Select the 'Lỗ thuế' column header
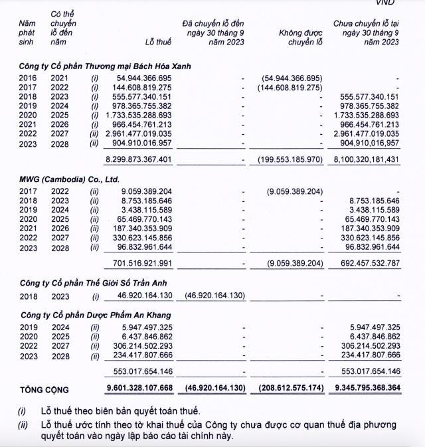(x=159, y=43)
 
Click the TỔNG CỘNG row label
(x=44, y=390)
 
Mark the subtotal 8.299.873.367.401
(x=139, y=159)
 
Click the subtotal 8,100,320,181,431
(x=363, y=159)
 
